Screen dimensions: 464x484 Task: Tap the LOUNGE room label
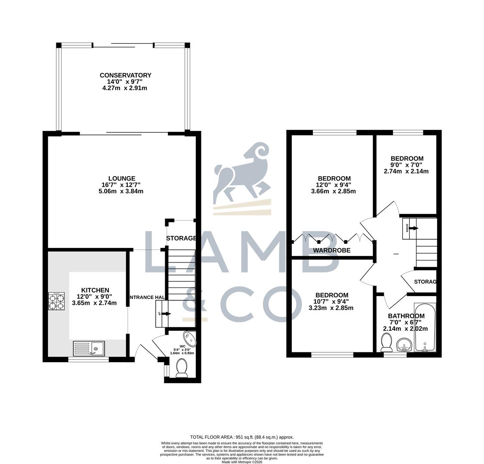pyautogui.click(x=122, y=178)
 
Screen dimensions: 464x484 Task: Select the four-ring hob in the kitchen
pyautogui.click(x=56, y=301)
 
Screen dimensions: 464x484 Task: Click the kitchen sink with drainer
pyautogui.click(x=89, y=348)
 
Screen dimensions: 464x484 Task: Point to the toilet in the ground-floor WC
pyautogui.click(x=182, y=368)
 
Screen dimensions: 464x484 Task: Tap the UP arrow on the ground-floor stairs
pyautogui.click(x=163, y=314)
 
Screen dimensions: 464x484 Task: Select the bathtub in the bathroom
pyautogui.click(x=425, y=328)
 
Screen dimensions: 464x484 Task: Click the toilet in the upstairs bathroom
pyautogui.click(x=386, y=343)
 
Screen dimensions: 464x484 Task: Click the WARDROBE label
pyautogui.click(x=331, y=250)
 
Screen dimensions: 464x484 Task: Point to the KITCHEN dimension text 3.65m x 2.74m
pyautogui.click(x=94, y=302)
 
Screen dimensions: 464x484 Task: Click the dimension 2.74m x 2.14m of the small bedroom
pyautogui.click(x=406, y=171)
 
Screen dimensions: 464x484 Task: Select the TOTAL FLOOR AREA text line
pyautogui.click(x=242, y=437)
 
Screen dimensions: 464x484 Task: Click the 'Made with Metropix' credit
pyautogui.click(x=242, y=462)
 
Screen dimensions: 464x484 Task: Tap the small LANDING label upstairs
pyautogui.click(x=395, y=254)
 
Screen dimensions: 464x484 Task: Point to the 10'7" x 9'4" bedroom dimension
pyautogui.click(x=331, y=301)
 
